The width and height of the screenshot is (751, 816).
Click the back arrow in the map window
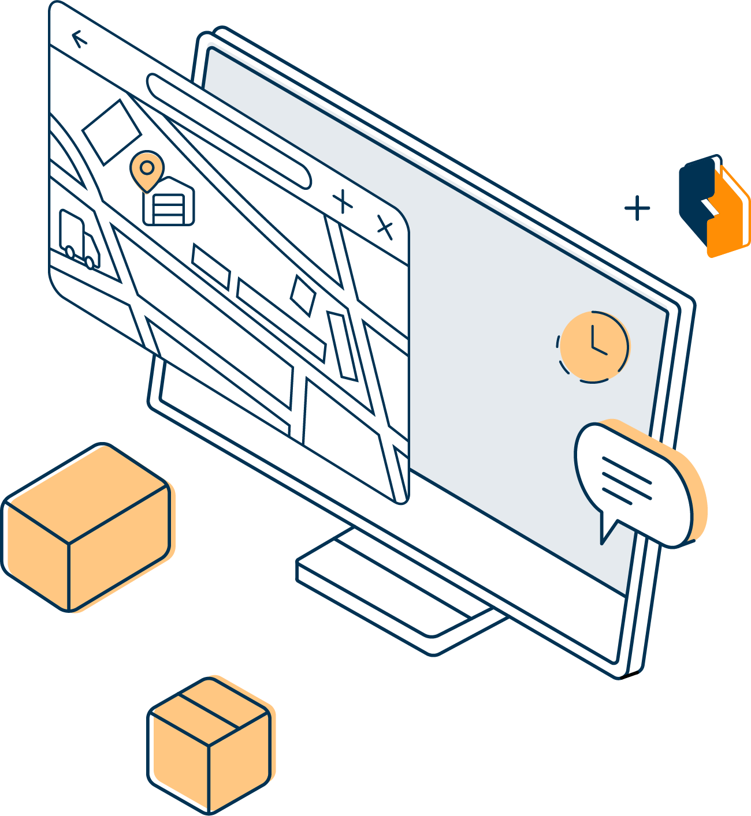coord(79,39)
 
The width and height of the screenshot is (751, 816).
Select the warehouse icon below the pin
coord(168,202)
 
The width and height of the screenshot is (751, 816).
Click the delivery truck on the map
coord(79,239)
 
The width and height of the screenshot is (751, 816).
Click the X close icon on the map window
coord(385,227)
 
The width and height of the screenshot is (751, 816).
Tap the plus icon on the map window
coord(343,201)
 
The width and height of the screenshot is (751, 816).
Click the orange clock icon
coord(593,346)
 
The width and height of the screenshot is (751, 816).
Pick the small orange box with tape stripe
coord(209,744)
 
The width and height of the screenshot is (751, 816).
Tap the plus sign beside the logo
coord(637,208)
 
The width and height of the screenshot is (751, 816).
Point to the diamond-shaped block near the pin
coord(111,132)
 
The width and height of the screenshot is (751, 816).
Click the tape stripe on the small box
coord(208,711)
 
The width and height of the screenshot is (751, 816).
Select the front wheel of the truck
coord(90,263)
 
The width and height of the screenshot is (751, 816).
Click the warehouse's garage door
coord(169,209)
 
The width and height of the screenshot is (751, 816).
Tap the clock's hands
coord(595,343)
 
